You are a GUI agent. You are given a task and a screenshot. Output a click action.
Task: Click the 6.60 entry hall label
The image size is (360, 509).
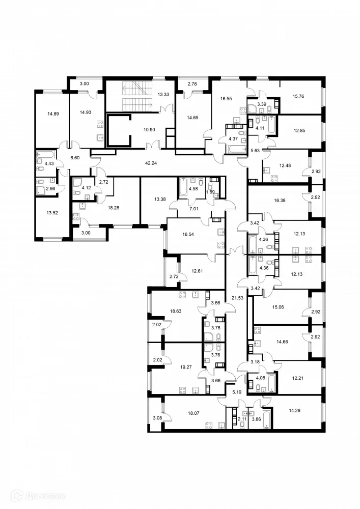[75, 158]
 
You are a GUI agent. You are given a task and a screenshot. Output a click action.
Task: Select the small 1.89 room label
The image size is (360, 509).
[210, 192]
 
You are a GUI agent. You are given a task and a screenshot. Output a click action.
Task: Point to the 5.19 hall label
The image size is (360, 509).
[236, 392]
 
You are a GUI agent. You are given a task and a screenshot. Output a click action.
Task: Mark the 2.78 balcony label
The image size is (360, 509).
[192, 83]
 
